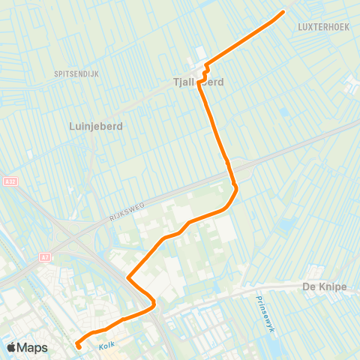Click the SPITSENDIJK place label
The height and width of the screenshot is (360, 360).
77,73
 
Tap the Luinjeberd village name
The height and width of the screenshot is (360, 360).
95,126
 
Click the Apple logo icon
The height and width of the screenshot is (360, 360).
12,347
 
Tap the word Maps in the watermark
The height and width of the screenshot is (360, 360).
32,347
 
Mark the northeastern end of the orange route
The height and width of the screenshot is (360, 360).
283,12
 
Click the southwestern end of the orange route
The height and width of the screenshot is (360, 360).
78,346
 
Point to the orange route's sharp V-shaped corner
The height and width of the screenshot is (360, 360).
129,278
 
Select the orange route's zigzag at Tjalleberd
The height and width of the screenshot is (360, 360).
203,71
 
